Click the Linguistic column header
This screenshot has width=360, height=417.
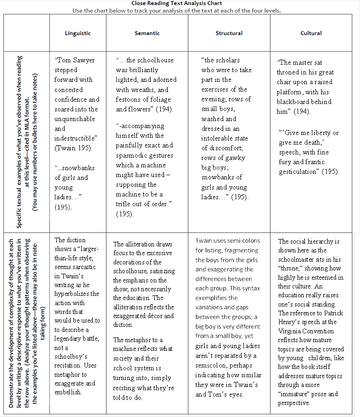point(78,33)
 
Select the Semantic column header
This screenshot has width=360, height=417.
point(147,33)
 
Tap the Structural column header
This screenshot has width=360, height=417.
point(229,33)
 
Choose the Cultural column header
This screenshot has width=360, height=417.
point(311,33)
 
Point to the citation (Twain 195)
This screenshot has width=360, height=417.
point(74,148)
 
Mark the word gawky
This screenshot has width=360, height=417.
point(236,158)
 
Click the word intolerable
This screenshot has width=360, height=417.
point(218,138)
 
